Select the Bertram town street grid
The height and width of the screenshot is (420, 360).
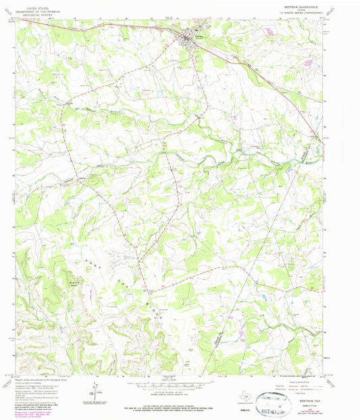click(x=192, y=40)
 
